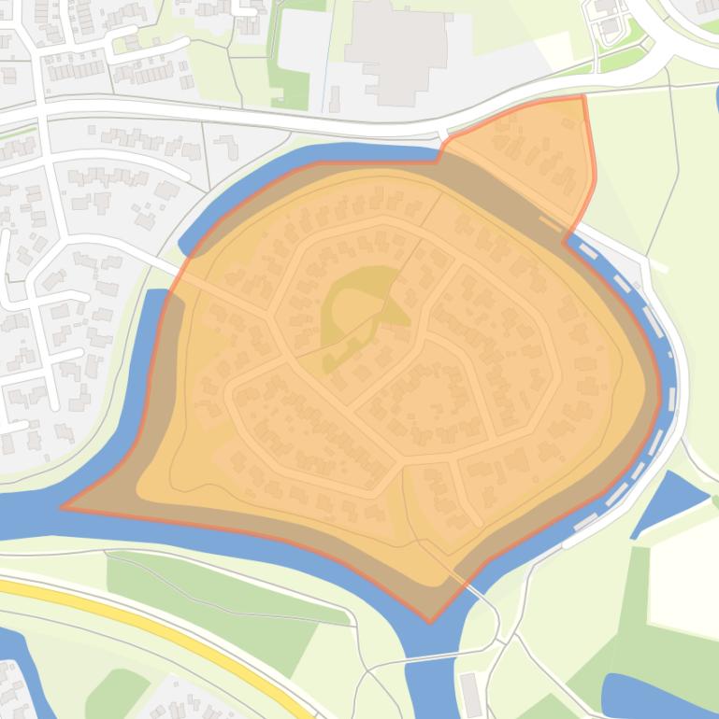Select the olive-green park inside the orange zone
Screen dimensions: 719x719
tap(351, 308)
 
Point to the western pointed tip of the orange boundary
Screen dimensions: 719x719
tap(64, 508)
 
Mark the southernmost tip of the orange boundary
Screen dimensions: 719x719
tap(430, 621)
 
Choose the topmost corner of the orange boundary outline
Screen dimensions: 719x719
tap(582, 95)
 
